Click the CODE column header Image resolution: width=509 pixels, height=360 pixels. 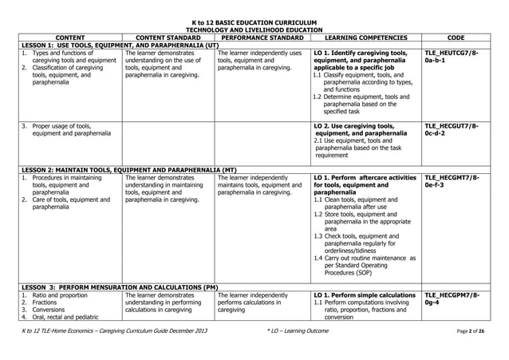457,36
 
